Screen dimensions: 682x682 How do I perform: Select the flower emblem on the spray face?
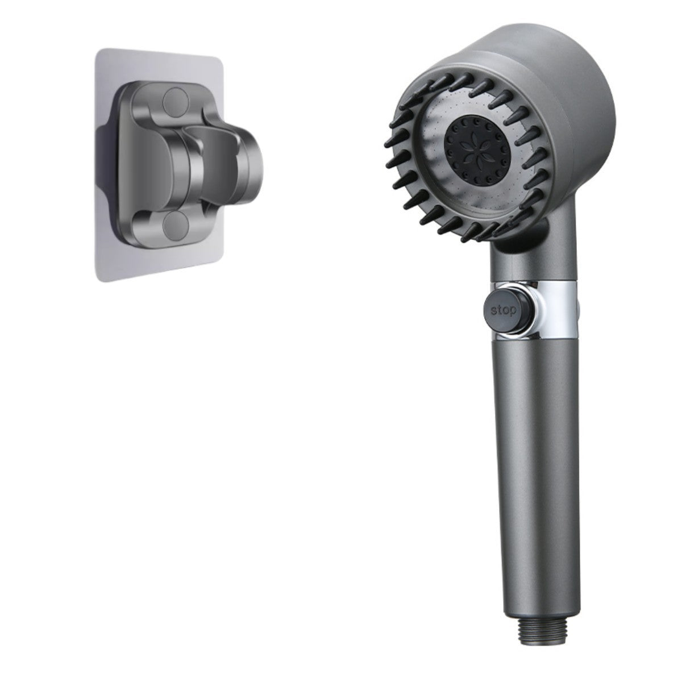469,140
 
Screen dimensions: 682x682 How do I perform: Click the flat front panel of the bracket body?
148,162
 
